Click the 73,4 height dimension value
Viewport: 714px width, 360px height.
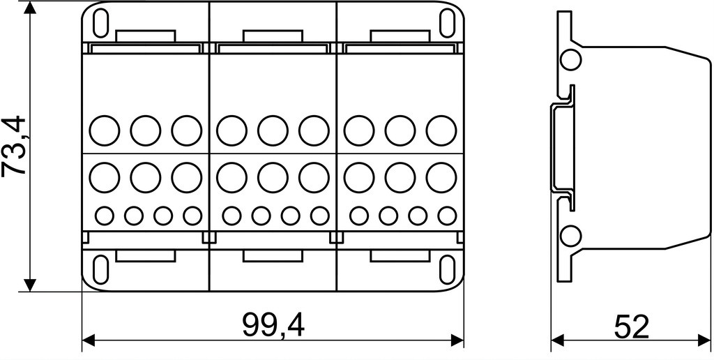14,146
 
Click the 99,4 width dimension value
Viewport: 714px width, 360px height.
273,325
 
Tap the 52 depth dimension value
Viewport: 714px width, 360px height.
631,327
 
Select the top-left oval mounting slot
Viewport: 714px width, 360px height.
100,23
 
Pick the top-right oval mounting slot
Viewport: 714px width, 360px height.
447,23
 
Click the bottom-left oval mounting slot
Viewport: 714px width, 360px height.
100,270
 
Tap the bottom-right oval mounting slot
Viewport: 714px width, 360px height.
447,270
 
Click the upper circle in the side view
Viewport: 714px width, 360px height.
570,60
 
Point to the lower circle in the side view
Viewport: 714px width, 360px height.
570,237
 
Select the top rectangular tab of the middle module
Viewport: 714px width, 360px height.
273,36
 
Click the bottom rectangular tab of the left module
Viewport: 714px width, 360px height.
146,255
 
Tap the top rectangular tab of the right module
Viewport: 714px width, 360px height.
400,36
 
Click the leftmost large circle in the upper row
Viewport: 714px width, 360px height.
105,130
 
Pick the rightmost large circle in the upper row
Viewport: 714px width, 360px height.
441,130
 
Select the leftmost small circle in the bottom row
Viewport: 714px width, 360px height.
105,216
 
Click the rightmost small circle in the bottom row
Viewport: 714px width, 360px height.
447,216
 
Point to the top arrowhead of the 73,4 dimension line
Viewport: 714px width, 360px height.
29,7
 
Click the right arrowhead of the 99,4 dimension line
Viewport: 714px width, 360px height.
457,340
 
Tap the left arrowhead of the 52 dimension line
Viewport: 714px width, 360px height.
558,340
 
